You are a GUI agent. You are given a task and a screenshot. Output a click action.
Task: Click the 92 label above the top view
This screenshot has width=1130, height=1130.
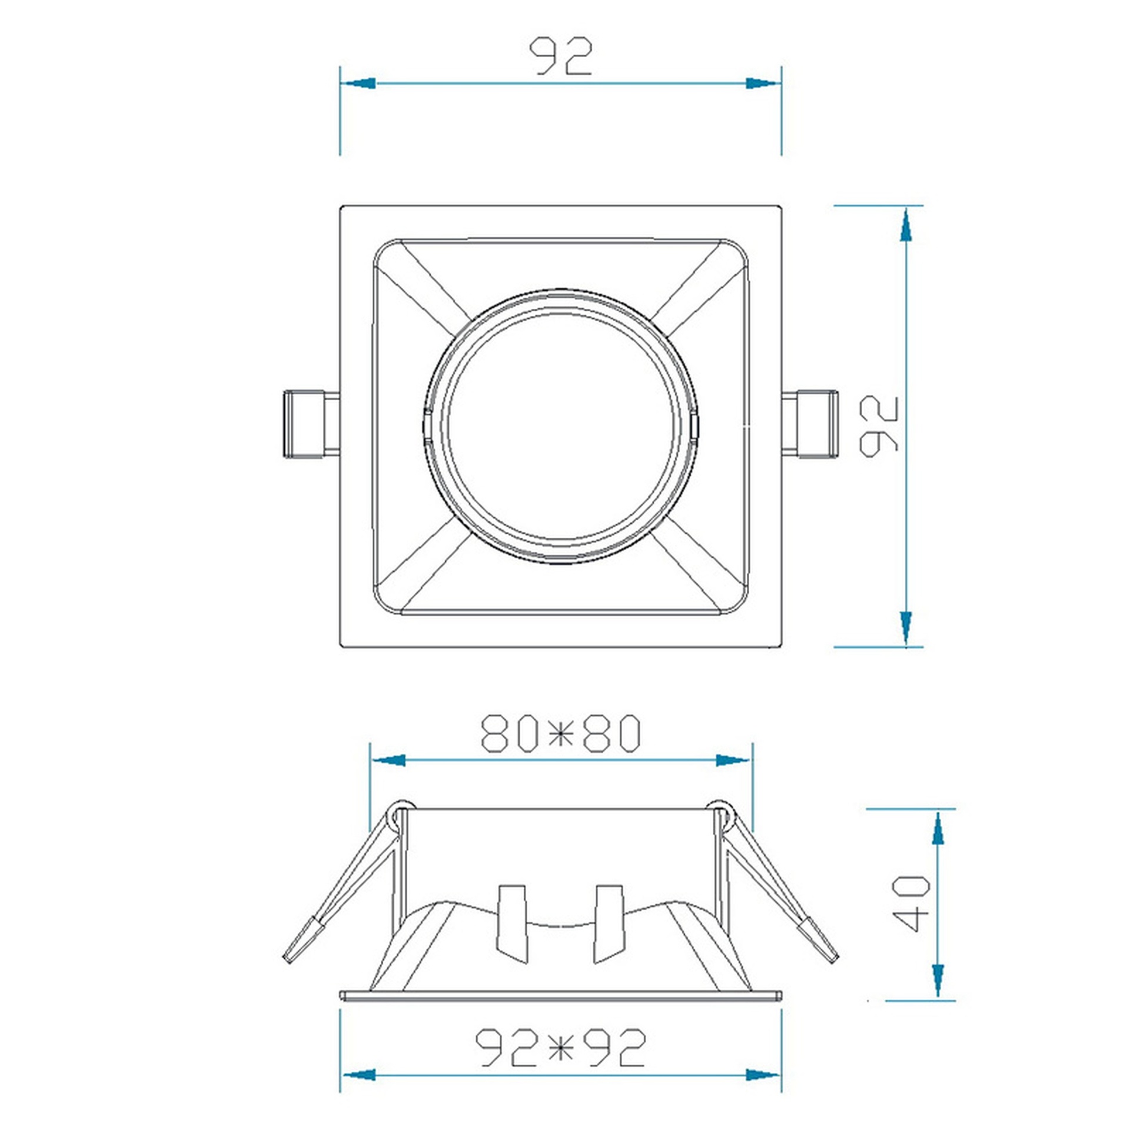(560, 56)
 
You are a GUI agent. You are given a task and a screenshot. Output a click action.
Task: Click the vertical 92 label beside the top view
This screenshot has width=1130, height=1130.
(879, 426)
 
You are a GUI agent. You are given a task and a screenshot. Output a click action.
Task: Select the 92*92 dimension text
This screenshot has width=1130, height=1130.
(560, 1048)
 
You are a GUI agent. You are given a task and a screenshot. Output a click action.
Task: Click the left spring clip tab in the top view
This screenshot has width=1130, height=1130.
(311, 424)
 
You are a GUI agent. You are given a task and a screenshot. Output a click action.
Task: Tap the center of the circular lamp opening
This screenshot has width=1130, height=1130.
(560, 427)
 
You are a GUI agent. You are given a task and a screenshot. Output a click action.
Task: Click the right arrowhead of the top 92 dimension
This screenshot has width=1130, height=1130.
(763, 83)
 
